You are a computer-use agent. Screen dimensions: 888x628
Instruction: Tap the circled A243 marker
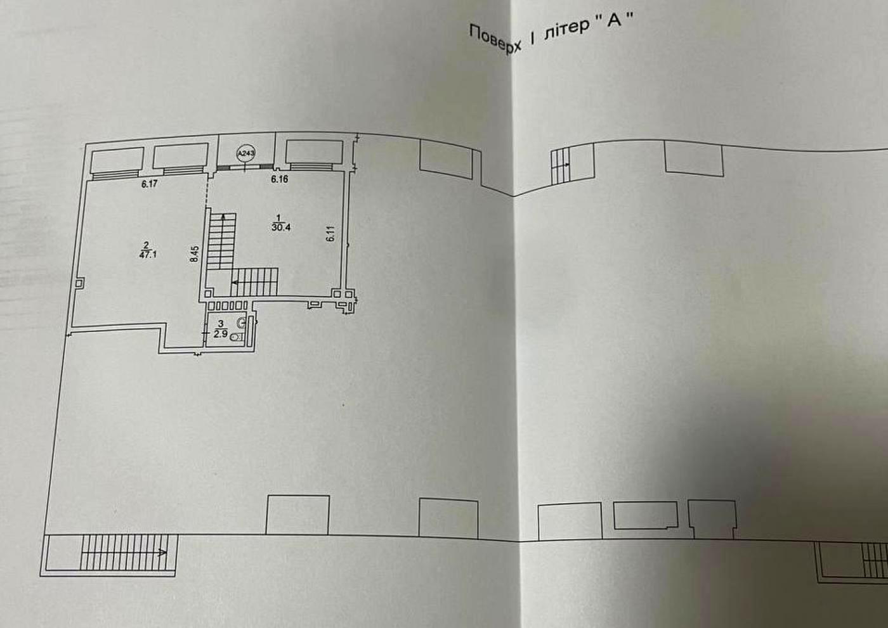tap(246, 153)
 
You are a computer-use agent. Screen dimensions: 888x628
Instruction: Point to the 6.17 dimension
tap(150, 184)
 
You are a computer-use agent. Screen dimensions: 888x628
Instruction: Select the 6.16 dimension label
tap(280, 179)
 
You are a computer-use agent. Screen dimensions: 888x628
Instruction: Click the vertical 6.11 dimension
tap(331, 233)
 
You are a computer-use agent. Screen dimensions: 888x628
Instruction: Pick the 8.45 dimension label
tap(194, 254)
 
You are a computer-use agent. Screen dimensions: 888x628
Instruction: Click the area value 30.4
tap(281, 227)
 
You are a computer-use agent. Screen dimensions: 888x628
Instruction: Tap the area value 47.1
tap(148, 255)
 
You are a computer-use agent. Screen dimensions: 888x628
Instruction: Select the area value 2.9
tap(221, 334)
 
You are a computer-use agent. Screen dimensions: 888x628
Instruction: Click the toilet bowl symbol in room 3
tap(237, 337)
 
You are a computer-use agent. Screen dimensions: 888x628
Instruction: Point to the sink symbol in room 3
tap(240, 323)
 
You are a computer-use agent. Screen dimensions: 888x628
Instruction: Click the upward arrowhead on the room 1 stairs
tap(223, 216)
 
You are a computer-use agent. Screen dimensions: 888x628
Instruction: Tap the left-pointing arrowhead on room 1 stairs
tap(235, 283)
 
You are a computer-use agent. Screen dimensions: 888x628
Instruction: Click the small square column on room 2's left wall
tap(80, 283)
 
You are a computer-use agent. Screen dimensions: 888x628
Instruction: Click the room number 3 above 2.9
tap(221, 324)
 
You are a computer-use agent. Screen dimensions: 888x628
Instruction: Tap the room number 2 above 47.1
tap(147, 245)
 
